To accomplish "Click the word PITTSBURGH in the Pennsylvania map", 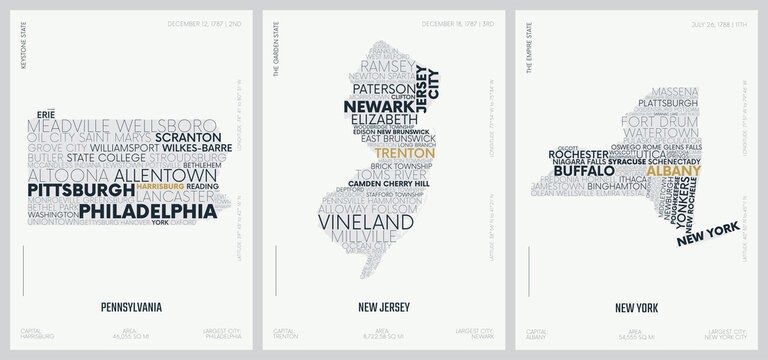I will tap(80, 189).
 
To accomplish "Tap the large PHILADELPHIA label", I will tap(148, 211).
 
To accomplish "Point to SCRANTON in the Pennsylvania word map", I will tap(188, 137).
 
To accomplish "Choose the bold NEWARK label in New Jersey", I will tap(378, 107).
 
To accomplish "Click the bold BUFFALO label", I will tap(583, 171).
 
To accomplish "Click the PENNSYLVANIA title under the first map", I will tap(131, 307).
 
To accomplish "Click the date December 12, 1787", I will tap(194, 21).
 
